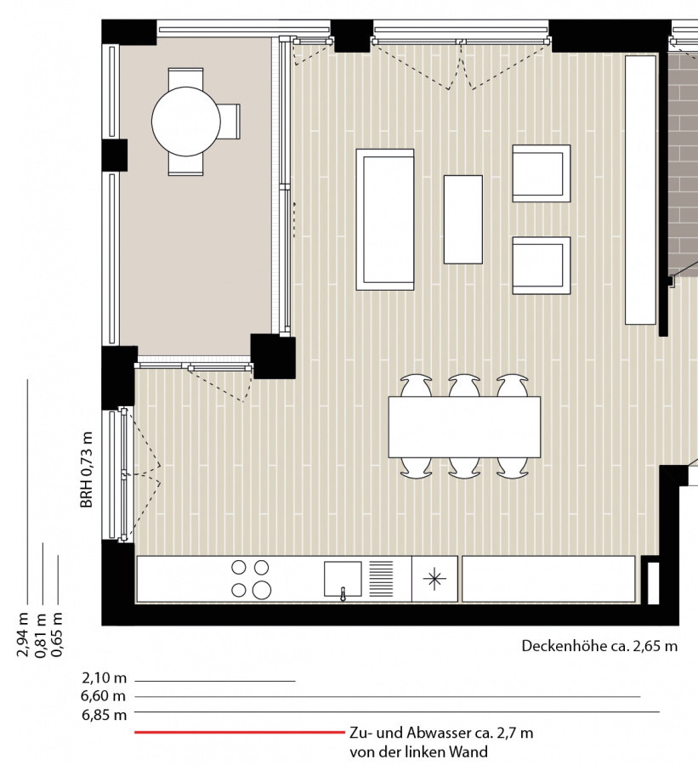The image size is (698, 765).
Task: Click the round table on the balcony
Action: (186, 122)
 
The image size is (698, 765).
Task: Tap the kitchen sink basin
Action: (343, 579)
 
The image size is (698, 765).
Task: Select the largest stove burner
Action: (262, 590)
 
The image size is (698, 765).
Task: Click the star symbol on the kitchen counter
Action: (434, 579)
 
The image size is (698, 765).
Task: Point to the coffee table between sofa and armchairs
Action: (463, 219)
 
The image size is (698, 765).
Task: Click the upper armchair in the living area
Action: (542, 173)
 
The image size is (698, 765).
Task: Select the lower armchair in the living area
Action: (542, 265)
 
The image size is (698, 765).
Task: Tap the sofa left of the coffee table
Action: (385, 219)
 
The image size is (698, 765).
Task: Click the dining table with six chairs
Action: (464, 427)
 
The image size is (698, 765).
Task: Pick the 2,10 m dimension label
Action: (104, 678)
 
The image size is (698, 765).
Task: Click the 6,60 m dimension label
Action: (103, 695)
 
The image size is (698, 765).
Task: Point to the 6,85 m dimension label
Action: (104, 715)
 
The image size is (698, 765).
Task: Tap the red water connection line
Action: (240, 732)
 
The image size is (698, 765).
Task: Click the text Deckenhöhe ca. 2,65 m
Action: (599, 646)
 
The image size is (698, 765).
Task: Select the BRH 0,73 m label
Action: (87, 469)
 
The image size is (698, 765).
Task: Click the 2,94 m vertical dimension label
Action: (22, 634)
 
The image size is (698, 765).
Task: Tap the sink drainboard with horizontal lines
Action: (381, 579)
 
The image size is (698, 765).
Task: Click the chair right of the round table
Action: (230, 122)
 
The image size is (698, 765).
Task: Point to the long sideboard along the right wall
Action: (640, 190)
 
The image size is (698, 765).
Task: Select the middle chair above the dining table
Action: (464, 385)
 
